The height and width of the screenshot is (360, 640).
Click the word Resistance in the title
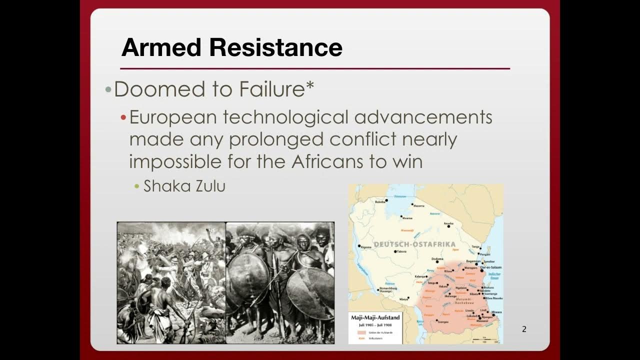pos(276,47)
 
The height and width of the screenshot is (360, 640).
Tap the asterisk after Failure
pos(310,86)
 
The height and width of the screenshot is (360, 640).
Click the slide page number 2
pos(524,329)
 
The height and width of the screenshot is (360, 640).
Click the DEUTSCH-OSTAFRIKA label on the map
pos(414,244)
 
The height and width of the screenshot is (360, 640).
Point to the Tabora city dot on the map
pos(394,251)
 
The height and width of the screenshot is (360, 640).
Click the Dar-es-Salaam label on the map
pos(491,267)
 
